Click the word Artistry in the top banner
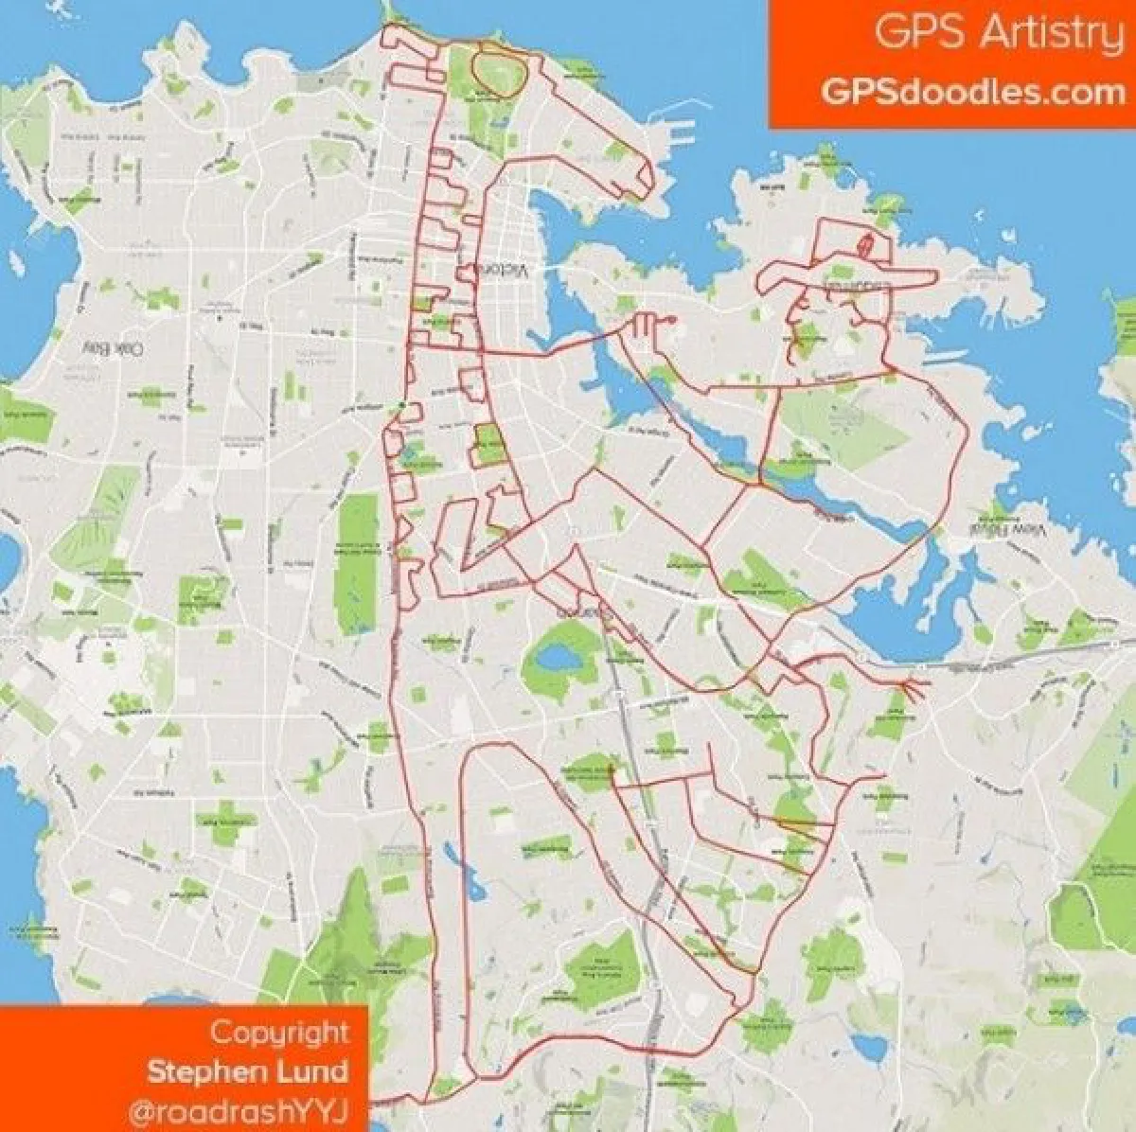click(x=1050, y=34)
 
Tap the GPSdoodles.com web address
click(x=973, y=92)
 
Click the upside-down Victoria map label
click(x=503, y=270)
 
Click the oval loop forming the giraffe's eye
click(x=493, y=68)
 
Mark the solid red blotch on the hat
click(x=865, y=245)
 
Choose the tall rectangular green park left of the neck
click(x=357, y=540)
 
